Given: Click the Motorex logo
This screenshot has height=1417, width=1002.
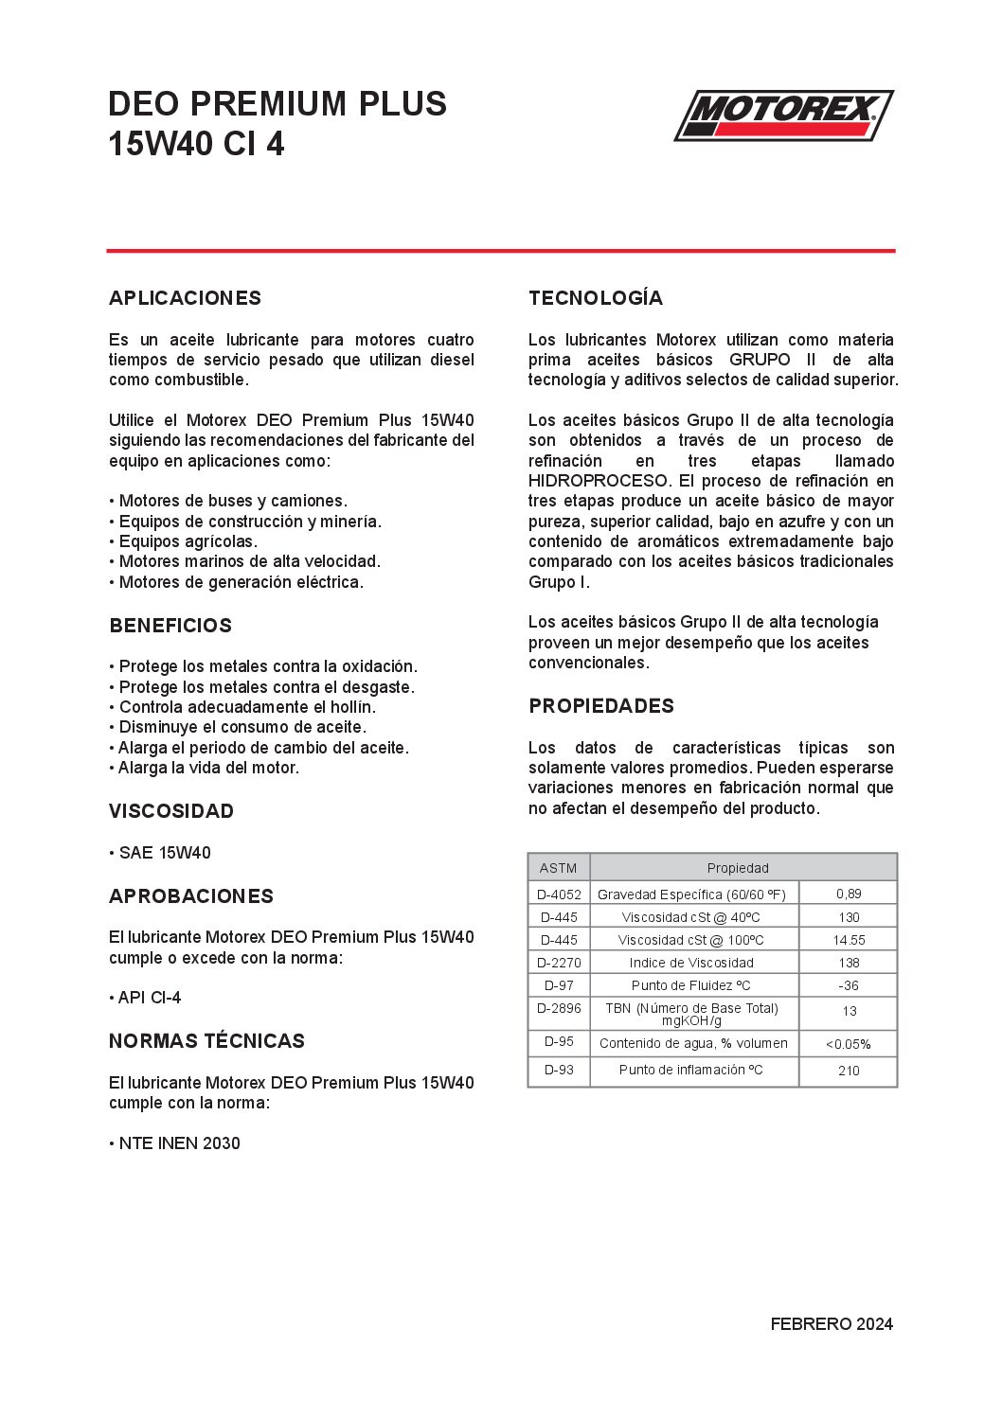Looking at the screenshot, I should click(783, 115).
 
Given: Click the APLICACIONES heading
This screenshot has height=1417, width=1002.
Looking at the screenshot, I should click(185, 298).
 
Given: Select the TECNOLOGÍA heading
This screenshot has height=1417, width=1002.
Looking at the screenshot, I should click(596, 298).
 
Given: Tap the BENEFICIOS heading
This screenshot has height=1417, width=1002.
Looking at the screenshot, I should click(170, 626).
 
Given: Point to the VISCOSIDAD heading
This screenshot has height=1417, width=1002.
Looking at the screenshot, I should click(171, 811).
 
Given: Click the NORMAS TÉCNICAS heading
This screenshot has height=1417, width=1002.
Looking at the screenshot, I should click(206, 1041).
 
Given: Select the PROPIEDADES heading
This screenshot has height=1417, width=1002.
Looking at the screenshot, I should click(601, 706).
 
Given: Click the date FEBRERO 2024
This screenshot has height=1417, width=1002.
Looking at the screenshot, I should click(832, 1324).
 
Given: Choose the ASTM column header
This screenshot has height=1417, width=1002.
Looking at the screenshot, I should click(558, 868).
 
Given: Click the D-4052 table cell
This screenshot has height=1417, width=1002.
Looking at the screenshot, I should click(559, 894).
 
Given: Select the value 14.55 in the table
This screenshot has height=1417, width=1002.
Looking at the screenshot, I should click(849, 940).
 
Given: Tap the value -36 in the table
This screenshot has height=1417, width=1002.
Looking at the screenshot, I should click(849, 985).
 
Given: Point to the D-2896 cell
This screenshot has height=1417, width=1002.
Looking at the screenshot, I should click(559, 1008).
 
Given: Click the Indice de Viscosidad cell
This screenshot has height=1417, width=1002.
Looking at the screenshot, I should click(691, 963).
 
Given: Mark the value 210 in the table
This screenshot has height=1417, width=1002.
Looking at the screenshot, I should click(849, 1071).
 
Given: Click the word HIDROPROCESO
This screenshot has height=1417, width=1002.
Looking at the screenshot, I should click(599, 481).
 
